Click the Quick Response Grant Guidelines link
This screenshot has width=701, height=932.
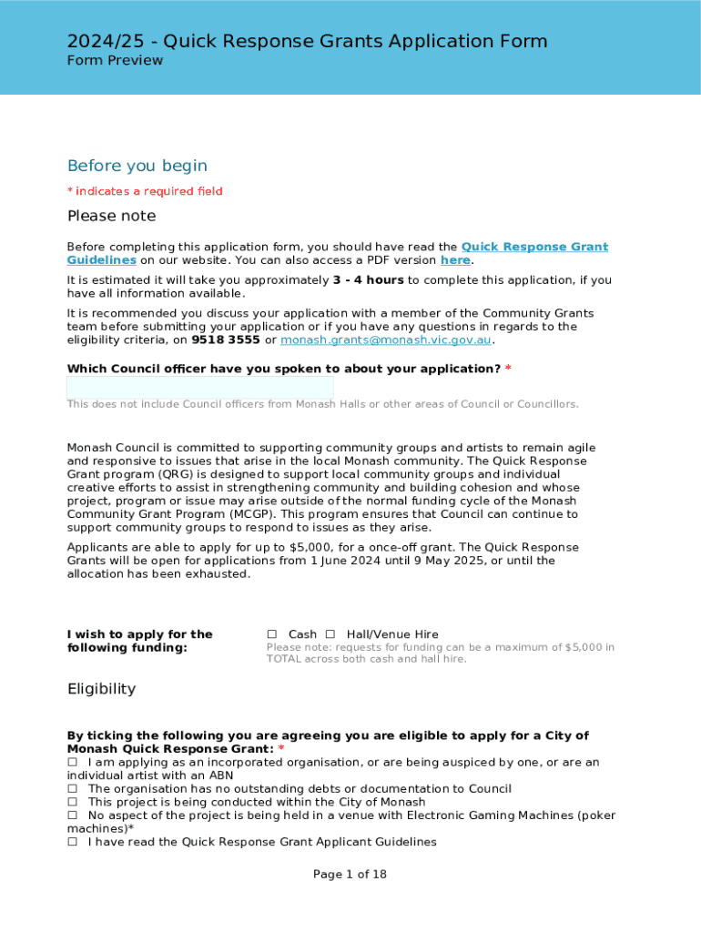534,248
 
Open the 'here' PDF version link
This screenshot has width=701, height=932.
455,260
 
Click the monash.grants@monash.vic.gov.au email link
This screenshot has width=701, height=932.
386,340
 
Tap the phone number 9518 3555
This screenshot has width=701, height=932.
226,340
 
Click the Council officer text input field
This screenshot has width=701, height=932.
200,388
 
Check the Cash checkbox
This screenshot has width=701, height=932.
271,634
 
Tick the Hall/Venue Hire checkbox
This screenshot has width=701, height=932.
330,634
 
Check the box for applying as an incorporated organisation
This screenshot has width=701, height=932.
73,763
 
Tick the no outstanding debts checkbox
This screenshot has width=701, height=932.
73,789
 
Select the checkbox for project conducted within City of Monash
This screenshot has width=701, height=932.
73,803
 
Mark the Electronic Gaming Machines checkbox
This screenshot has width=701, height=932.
73,815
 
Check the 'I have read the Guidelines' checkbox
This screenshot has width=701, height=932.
73,843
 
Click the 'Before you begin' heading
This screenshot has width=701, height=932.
137,166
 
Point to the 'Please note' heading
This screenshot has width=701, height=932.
111,217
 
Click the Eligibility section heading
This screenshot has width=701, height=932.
101,689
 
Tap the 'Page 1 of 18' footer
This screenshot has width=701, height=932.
350,875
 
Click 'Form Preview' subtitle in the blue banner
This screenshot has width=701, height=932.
115,61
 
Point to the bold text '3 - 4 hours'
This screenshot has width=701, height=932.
368,280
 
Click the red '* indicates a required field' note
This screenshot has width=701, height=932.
145,191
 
